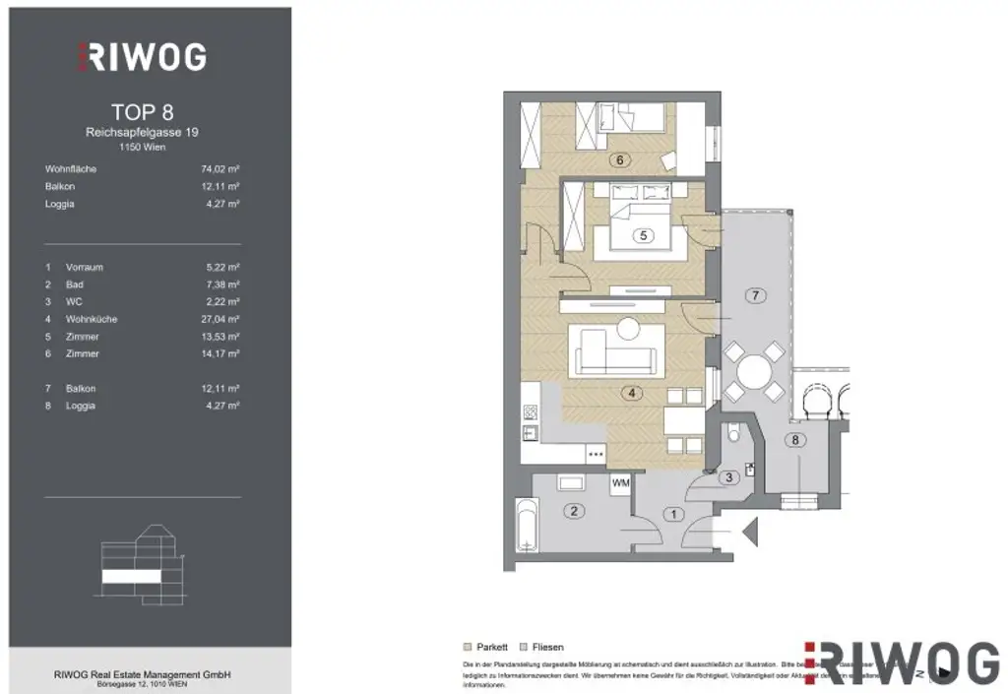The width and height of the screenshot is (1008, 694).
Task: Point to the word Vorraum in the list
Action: click(84, 267)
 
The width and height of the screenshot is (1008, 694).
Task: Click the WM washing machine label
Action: click(620, 483)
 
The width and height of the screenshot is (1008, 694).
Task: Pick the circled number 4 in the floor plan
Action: click(631, 393)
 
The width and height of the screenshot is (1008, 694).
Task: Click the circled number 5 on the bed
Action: click(643, 235)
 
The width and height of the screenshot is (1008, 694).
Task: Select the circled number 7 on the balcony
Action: click(755, 295)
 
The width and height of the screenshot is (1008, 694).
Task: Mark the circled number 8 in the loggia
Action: click(795, 440)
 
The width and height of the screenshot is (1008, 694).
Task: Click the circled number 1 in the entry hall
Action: click(673, 513)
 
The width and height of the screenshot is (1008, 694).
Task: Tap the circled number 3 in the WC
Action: click(727, 478)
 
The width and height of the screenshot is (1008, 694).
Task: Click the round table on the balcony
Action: click(755, 371)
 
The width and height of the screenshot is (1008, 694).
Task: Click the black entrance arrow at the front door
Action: click(749, 535)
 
